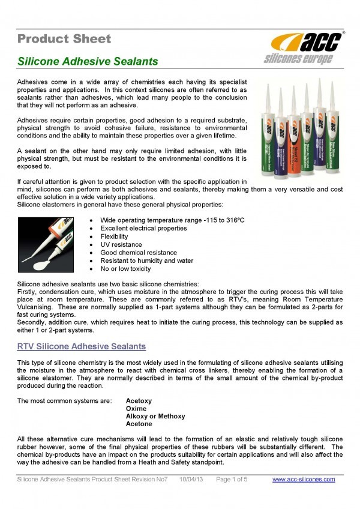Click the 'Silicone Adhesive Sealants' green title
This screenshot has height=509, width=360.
coord(88,62)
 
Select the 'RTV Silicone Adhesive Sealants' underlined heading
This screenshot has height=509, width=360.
coord(82,347)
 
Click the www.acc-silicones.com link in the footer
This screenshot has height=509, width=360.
coord(304,480)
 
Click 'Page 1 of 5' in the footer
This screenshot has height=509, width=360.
coord(232,480)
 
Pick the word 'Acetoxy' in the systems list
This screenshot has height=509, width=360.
coord(139,400)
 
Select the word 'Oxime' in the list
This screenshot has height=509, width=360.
coord(136,408)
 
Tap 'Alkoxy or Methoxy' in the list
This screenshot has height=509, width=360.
coord(155,416)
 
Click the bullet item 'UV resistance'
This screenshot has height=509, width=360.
coord(121,245)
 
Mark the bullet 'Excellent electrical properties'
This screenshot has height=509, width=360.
coord(143,229)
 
